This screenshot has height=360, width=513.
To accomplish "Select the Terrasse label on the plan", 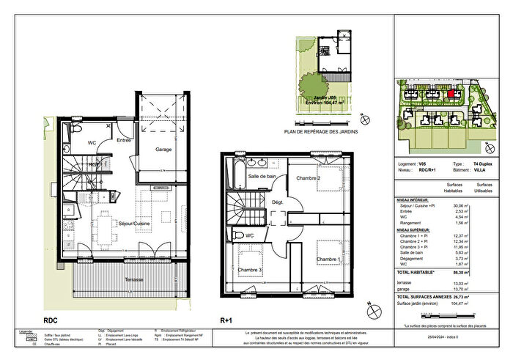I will [x=133, y=279].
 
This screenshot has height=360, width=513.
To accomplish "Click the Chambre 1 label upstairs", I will [x=330, y=260].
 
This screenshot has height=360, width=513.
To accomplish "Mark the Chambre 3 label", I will [x=251, y=271].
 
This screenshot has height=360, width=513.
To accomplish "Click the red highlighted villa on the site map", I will [x=450, y=95].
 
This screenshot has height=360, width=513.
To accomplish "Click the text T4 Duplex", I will [x=484, y=165].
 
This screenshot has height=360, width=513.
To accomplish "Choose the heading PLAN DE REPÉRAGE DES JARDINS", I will [x=320, y=132].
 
